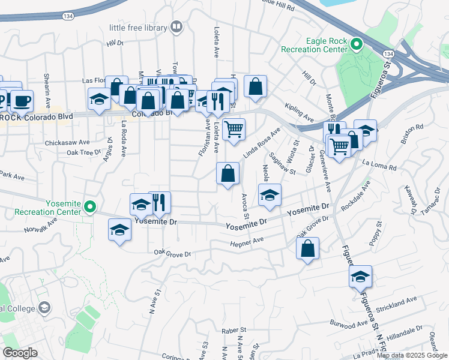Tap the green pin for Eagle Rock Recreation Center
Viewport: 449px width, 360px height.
(356, 44)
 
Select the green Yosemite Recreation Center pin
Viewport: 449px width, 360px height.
(91, 208)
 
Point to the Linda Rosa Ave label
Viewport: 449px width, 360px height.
(262, 143)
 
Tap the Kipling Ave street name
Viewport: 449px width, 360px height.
(299, 110)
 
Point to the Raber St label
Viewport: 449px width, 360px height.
(234, 330)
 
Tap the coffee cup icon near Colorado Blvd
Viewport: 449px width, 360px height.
(22, 100)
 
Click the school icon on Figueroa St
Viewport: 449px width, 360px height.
(361, 276)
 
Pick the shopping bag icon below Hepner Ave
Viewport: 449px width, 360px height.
(307, 248)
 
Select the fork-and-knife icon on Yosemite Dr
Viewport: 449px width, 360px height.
(159, 203)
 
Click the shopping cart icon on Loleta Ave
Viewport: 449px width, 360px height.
(234, 128)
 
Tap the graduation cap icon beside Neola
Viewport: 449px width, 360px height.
(270, 194)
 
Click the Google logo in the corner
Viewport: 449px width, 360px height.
(20, 353)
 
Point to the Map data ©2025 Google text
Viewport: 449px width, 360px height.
(412, 355)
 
